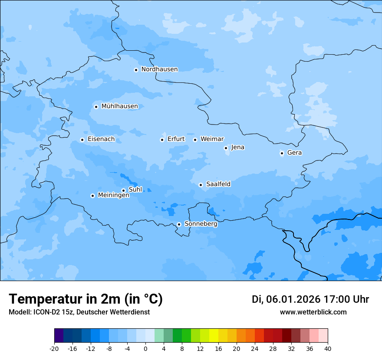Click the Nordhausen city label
point(159,69)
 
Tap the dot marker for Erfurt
point(162,140)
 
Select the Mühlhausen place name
point(119,106)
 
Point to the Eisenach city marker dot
point(82,140)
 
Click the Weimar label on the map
point(212,139)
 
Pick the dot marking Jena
point(226,148)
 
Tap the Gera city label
point(294,153)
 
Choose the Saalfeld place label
point(218,184)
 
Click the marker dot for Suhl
point(123,190)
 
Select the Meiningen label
point(113,196)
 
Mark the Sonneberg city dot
point(179,224)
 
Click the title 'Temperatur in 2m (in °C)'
point(86,299)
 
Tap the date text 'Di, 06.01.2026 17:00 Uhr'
point(310,299)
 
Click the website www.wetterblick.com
point(313,312)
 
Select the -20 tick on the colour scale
point(54,348)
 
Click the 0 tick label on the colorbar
point(145,348)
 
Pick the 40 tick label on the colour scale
point(328,348)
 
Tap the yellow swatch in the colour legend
point(214,336)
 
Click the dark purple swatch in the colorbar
point(59,336)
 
